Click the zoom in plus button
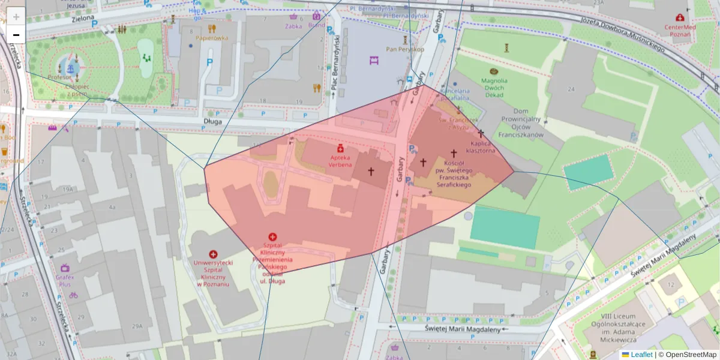16,16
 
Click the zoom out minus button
16,35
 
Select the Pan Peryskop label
405,49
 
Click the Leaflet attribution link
641,355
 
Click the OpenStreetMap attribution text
687,355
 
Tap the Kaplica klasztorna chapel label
482,148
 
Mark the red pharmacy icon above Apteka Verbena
340,148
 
